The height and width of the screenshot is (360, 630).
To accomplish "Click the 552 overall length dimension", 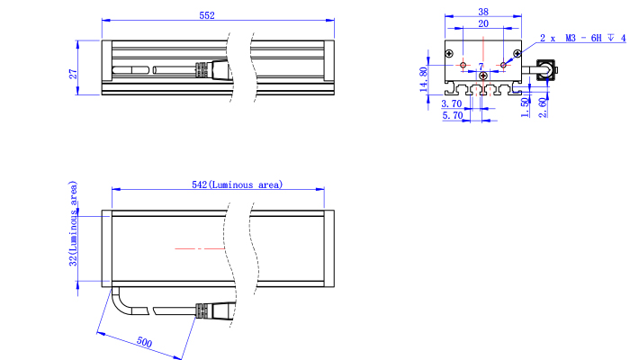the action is click(207, 15).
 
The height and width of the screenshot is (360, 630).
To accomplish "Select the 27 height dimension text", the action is click(73, 74).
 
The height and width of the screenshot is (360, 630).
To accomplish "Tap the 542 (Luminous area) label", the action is click(237, 184).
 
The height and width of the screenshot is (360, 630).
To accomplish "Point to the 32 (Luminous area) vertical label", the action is click(73, 223).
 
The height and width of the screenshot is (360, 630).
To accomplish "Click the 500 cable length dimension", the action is click(144, 342).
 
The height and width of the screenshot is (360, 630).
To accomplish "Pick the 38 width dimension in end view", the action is click(483, 12).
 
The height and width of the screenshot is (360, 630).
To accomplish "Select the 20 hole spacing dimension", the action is click(483, 23).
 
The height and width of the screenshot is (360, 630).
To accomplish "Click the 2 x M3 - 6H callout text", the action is click(582, 38).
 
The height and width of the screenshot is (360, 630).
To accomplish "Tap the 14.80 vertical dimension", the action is click(423, 79).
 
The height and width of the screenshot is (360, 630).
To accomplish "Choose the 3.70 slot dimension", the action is click(452, 103).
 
